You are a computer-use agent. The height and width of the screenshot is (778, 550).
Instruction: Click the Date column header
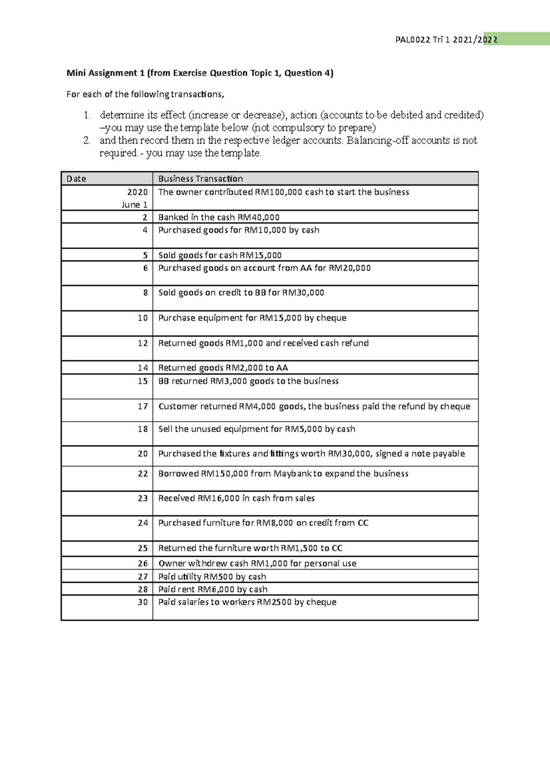76,179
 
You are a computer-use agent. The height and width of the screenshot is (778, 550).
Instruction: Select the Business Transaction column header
200,179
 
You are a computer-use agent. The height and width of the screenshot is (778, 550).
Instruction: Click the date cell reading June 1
134,205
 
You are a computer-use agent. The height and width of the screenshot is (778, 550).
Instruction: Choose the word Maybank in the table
292,474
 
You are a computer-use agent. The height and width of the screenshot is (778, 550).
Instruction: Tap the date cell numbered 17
143,406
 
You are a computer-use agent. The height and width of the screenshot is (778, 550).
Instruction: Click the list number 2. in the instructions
87,141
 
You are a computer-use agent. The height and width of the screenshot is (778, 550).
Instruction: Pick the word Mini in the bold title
76,73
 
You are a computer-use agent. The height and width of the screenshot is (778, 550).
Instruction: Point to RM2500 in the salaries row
274,602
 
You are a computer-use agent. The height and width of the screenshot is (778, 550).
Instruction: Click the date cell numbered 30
143,602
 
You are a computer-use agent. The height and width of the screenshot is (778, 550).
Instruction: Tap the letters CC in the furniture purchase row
363,523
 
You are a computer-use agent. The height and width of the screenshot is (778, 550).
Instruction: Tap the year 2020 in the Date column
137,192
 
